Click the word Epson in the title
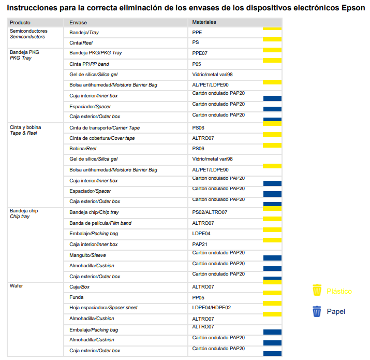[x=353, y=8]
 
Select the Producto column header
[x=20, y=23]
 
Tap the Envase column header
[x=78, y=23]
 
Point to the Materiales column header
[x=204, y=22]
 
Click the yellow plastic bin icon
[x=317, y=290]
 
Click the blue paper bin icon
[x=317, y=311]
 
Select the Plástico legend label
[x=339, y=291]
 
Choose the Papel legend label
[x=336, y=312]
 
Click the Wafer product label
[x=16, y=286]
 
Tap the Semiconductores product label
[x=28, y=31]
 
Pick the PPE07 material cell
[x=200, y=53]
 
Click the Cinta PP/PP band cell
[x=89, y=64]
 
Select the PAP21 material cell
[x=200, y=244]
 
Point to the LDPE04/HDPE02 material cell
[x=212, y=308]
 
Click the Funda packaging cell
[x=77, y=297]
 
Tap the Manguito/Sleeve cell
[x=87, y=255]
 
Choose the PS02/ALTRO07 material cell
[x=210, y=212]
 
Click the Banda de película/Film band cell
[x=100, y=223]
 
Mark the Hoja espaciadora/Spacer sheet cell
[x=103, y=308]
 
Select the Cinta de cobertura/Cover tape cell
[x=102, y=138]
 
